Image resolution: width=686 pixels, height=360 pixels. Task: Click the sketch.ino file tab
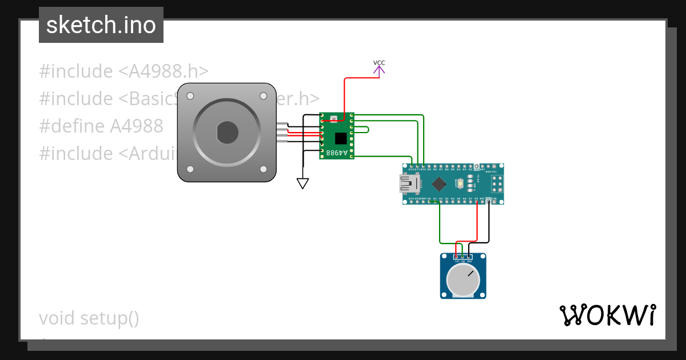point(101,25)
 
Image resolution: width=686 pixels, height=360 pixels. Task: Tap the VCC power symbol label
point(379,63)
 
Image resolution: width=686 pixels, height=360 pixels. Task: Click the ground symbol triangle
point(302,183)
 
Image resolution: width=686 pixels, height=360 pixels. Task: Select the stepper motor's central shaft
point(228,133)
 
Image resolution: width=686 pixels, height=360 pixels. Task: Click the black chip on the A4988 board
point(341,138)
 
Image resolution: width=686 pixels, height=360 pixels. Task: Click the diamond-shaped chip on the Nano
point(439,183)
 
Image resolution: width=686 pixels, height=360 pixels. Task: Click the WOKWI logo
point(608,315)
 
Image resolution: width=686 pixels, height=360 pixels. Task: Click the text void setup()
point(89,318)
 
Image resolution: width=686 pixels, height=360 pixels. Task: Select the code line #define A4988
point(101,126)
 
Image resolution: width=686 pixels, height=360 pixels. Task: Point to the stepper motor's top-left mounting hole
point(190,96)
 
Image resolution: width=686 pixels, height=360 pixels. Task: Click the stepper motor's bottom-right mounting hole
point(264,169)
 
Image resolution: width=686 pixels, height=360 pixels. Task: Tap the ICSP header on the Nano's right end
point(497,184)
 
